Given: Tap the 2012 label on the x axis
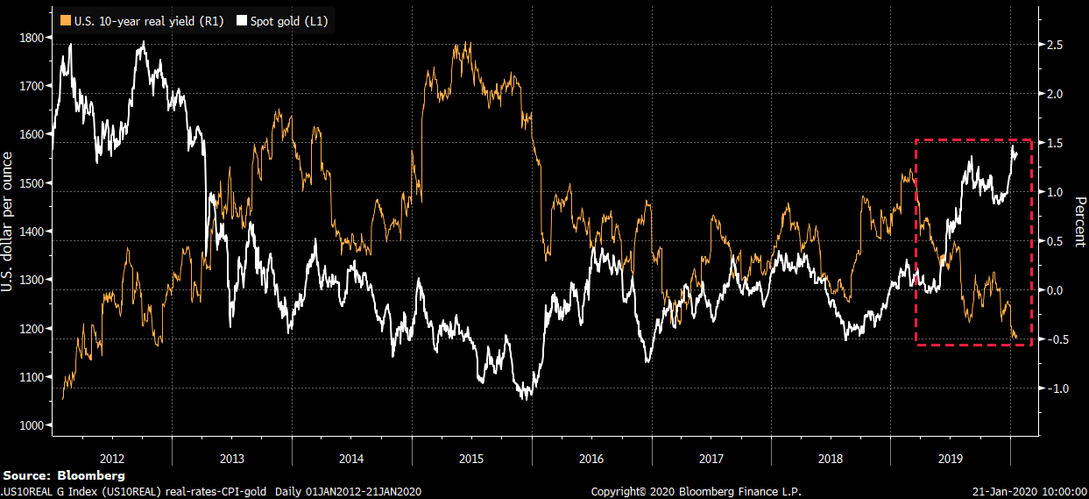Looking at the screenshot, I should pos(112,458).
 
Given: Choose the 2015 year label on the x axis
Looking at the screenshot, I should pos(471,458).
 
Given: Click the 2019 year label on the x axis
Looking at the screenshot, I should pos(951,458).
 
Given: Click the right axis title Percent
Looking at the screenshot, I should pos(1078,221).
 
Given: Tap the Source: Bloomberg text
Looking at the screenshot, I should pos(64,475).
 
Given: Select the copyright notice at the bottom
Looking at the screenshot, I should pos(697,491).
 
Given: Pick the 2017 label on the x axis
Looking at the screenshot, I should pos(711,458).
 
